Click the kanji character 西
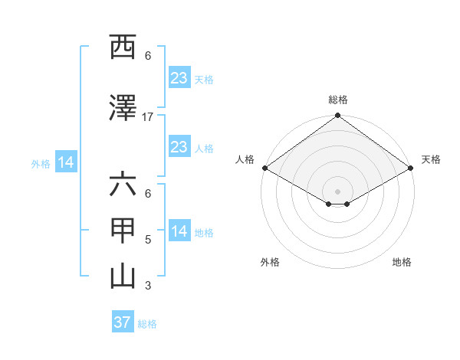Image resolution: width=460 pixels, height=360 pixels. click(123, 47)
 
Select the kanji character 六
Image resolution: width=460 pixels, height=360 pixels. click(123, 185)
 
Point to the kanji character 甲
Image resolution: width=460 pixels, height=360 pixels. click(123, 231)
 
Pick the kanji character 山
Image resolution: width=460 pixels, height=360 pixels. click(123, 277)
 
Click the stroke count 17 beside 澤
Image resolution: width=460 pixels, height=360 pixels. click(148, 117)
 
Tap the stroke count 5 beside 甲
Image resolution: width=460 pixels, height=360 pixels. click(148, 240)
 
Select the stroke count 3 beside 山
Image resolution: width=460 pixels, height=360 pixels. click(148, 286)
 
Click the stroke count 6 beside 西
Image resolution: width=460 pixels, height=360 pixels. click(148, 56)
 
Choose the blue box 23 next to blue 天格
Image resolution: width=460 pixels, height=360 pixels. click(179, 78)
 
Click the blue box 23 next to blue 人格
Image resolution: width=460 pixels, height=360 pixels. click(179, 147)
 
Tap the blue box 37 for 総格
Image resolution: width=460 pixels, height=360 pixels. click(123, 322)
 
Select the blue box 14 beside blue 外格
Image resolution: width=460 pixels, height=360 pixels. click(66, 162)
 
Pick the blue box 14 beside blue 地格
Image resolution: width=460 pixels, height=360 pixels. click(179, 231)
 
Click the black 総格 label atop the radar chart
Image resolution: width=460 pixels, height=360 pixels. click(338, 100)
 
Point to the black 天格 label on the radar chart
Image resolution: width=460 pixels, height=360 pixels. click(431, 159)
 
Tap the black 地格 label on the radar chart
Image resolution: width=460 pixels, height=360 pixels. click(402, 263)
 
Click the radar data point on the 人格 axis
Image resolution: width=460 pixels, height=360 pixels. click(264, 168)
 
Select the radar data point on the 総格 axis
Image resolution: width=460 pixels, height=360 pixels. click(337, 116)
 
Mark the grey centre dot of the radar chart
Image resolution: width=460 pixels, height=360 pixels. click(337, 190)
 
